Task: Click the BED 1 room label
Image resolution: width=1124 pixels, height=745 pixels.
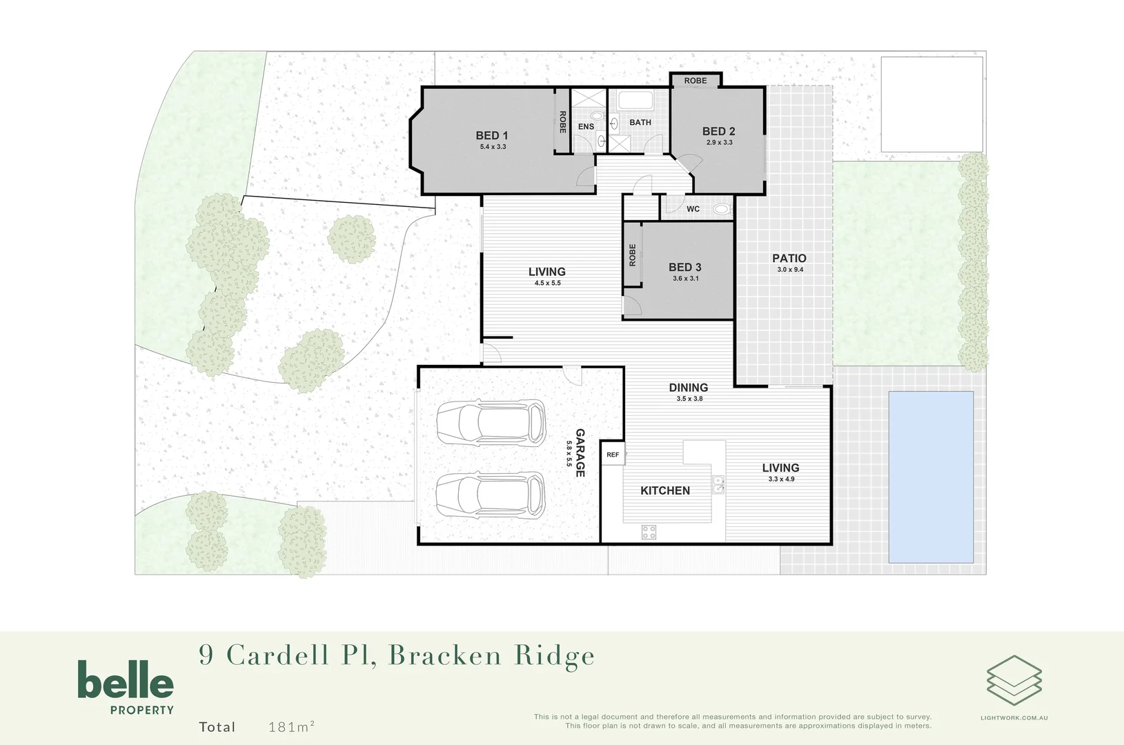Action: click(491, 136)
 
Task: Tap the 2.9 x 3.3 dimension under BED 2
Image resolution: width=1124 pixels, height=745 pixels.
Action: click(719, 143)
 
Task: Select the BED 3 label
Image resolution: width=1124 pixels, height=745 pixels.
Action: click(684, 267)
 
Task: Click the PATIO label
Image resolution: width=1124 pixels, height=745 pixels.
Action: click(789, 258)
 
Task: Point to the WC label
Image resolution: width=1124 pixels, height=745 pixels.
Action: click(693, 209)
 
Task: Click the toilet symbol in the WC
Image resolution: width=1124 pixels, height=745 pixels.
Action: click(722, 209)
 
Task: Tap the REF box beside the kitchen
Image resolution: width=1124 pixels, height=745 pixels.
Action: click(613, 455)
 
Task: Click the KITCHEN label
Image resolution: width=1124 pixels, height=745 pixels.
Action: click(664, 490)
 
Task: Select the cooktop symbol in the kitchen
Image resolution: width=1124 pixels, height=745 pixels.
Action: click(649, 532)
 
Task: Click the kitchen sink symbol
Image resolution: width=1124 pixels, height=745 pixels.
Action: click(718, 484)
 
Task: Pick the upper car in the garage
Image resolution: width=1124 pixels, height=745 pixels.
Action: click(491, 422)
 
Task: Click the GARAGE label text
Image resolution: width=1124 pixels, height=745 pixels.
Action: click(580, 453)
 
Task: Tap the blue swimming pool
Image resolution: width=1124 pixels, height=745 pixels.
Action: click(931, 477)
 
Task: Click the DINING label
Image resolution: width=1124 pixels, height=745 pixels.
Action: click(688, 388)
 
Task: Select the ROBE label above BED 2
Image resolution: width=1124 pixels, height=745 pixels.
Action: click(695, 81)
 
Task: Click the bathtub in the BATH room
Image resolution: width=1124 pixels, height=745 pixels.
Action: click(635, 101)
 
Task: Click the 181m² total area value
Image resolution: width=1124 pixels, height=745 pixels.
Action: click(291, 726)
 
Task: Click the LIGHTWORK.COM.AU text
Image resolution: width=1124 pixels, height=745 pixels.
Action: click(1014, 718)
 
